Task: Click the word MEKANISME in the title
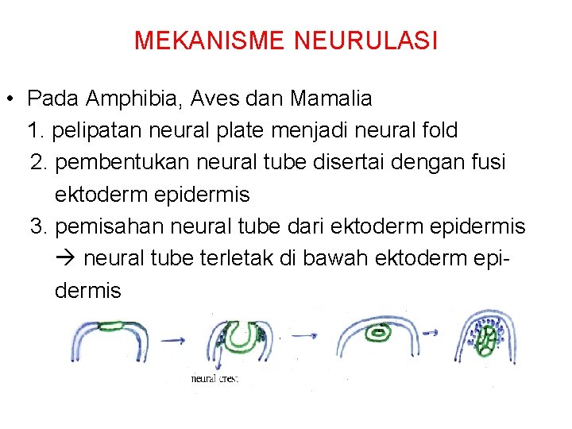tap(208, 41)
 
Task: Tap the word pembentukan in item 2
tap(126, 162)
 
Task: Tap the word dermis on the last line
tap(88, 291)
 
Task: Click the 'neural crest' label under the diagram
tap(214, 379)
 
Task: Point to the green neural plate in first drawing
tap(120, 325)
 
